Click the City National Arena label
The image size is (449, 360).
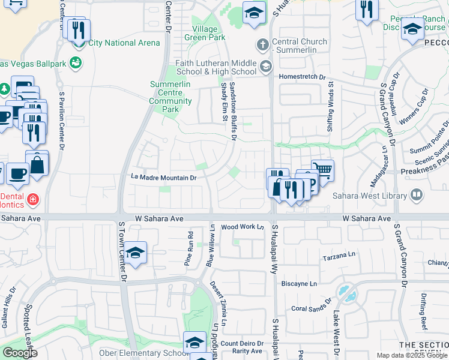click(124, 43)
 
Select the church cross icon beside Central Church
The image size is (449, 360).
click(262, 44)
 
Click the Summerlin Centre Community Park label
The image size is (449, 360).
click(171, 97)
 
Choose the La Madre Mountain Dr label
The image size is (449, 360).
click(164, 178)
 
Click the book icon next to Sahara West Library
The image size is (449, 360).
click(416, 194)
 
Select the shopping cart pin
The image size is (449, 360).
click(323, 170)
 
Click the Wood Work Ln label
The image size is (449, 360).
click(243, 227)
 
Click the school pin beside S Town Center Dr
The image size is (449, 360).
click(136, 252)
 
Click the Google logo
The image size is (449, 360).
click(20, 353)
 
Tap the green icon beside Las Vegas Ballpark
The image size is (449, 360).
click(76, 62)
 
